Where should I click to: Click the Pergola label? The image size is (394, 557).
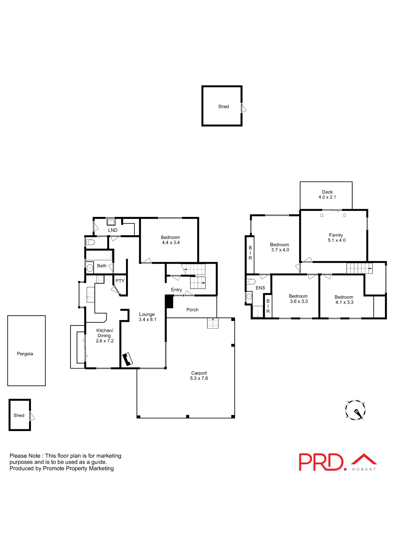[25, 354]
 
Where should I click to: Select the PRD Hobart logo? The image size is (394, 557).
[338, 462]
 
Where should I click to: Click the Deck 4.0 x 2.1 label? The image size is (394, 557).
[327, 194]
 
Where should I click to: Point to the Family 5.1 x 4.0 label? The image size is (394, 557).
[336, 238]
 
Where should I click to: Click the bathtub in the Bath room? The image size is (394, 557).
[99, 256]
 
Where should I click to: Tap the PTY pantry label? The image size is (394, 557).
[120, 281]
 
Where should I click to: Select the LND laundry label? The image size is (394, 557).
[113, 230]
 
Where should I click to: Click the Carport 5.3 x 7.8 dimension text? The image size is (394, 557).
[199, 378]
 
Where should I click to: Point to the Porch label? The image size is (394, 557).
[192, 310]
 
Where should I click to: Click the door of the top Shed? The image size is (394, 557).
[244, 108]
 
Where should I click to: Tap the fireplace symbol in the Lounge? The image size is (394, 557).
[127, 359]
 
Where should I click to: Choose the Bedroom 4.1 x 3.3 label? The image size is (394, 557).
[344, 300]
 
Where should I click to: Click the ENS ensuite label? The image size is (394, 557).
[260, 288]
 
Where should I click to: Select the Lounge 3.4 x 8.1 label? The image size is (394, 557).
[147, 317]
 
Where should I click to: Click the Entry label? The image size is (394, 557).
[176, 290]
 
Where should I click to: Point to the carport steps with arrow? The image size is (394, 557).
[213, 323]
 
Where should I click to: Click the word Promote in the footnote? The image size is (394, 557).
[54, 468]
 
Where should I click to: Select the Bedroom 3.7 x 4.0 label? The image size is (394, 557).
[280, 247]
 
